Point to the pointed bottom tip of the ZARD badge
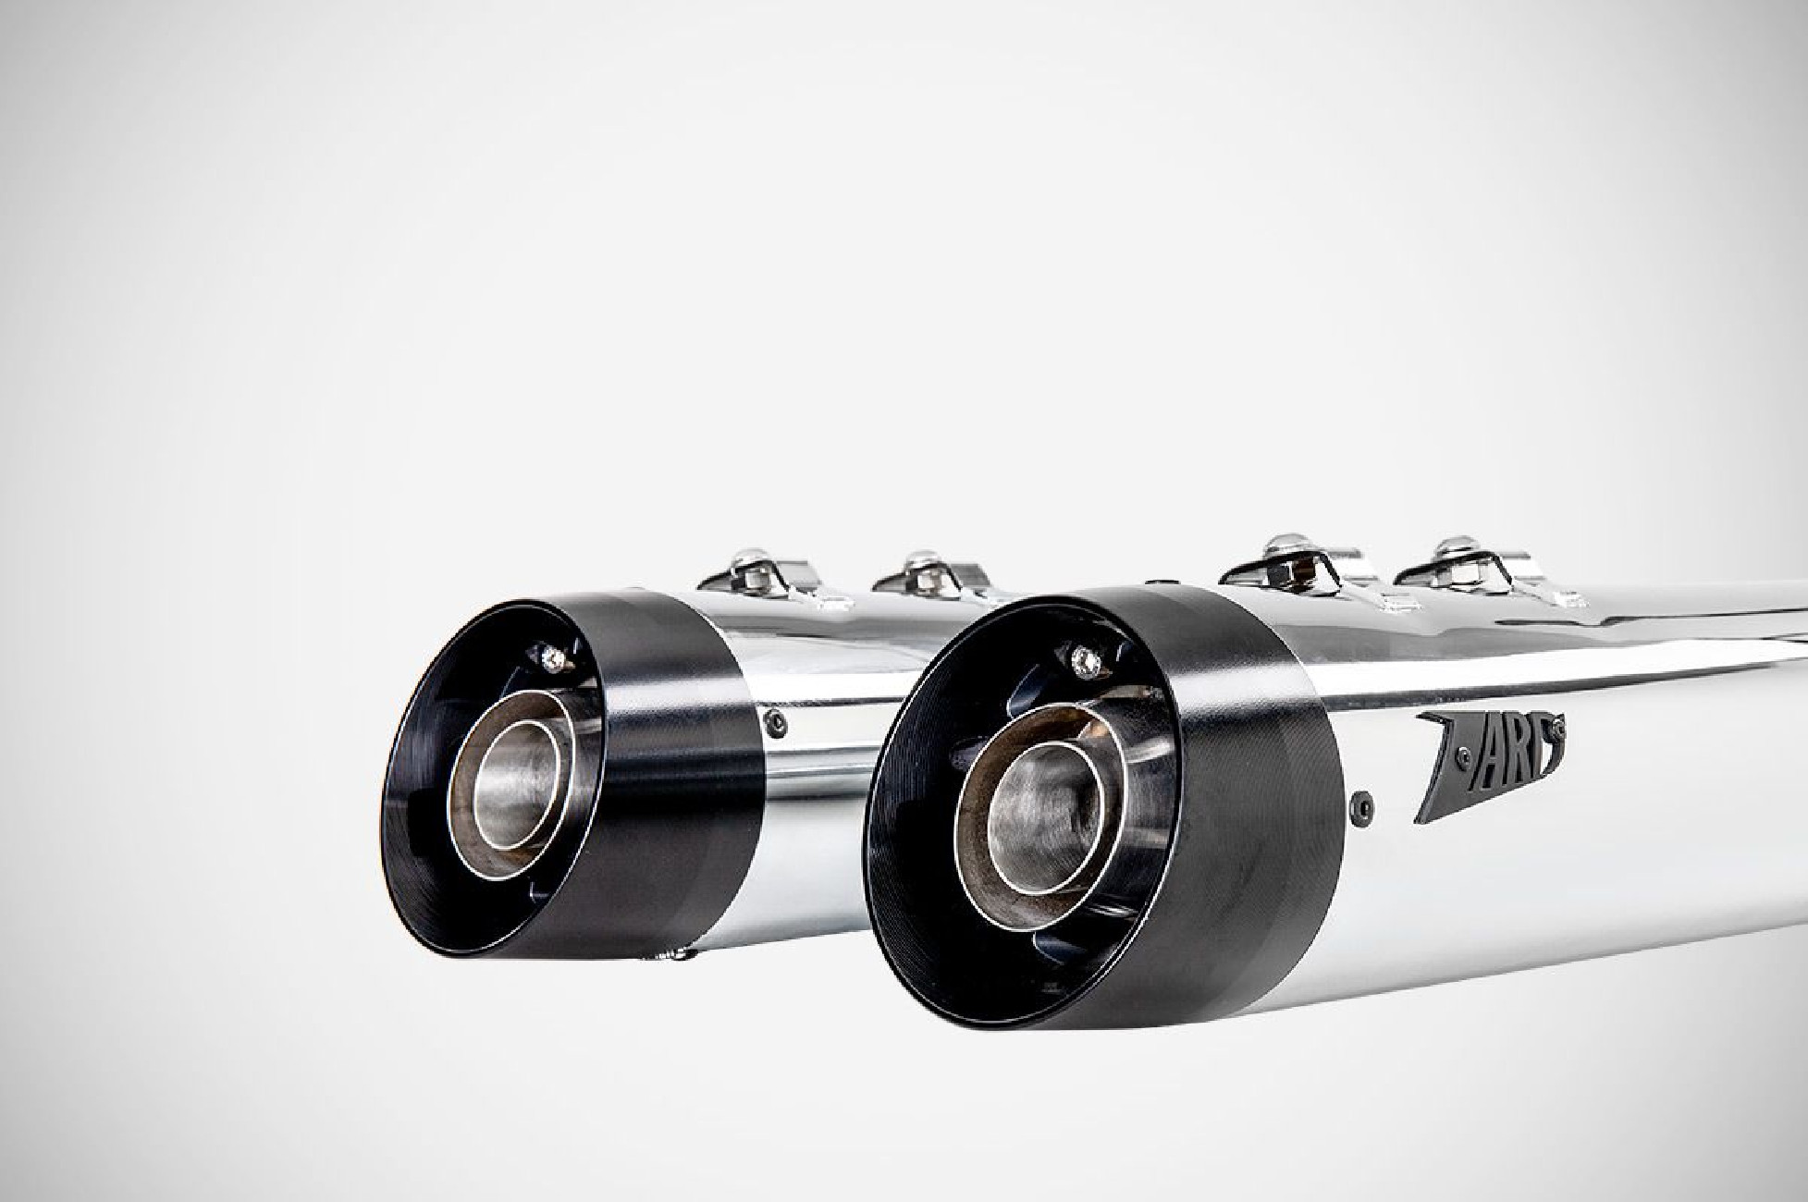pyautogui.click(x=1420, y=818)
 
